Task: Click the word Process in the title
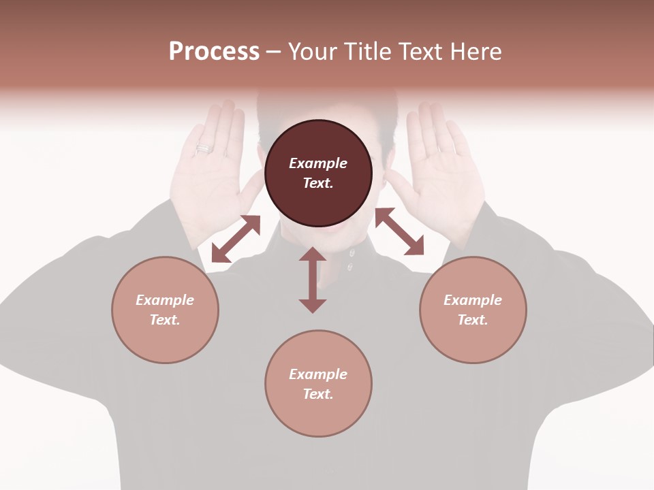pyautogui.click(x=214, y=52)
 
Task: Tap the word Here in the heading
pyautogui.click(x=474, y=52)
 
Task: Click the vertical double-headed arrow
pyautogui.click(x=313, y=280)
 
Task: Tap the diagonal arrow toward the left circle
pyautogui.click(x=236, y=239)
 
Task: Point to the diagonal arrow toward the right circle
pyautogui.click(x=400, y=231)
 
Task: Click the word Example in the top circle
pyautogui.click(x=318, y=163)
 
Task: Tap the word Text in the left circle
pyautogui.click(x=165, y=320)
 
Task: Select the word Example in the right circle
pyautogui.click(x=473, y=300)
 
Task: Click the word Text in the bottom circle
pyautogui.click(x=318, y=394)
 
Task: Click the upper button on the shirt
pyautogui.click(x=352, y=252)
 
